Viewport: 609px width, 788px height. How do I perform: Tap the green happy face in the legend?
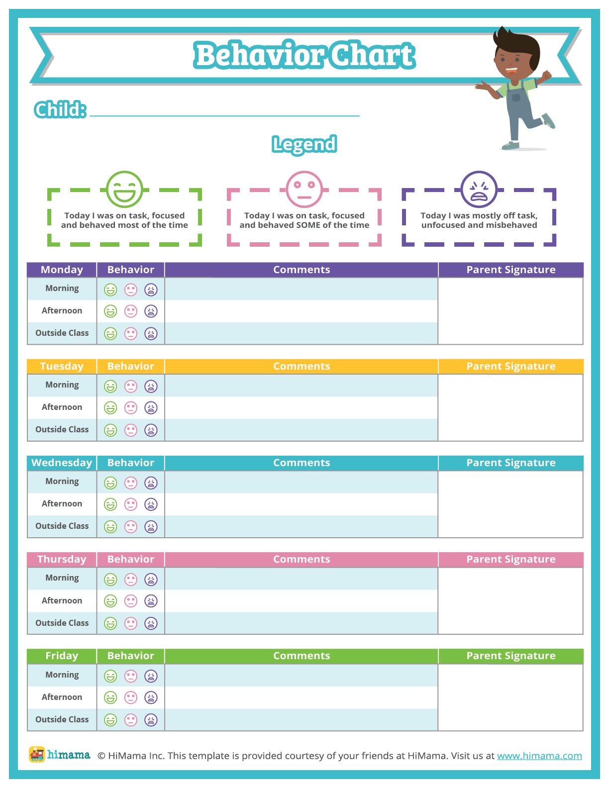pos(124,190)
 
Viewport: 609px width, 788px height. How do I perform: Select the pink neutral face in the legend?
pos(304,190)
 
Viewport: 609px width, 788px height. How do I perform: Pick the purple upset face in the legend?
pos(479,190)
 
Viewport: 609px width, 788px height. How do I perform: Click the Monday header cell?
pos(62,270)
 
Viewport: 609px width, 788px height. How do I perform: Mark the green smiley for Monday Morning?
pos(110,290)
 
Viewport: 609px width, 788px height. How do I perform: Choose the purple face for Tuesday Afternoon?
pos(151,408)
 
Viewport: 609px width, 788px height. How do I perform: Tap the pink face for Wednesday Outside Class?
pos(131,526)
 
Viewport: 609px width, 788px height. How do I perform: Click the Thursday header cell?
pos(62,559)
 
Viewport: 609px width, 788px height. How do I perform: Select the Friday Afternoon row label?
pos(62,697)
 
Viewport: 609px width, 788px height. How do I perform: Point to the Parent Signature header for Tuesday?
pos(510,366)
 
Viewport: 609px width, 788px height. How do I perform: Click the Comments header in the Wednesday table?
pos(302,463)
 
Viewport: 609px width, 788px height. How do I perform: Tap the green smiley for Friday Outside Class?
pos(110,720)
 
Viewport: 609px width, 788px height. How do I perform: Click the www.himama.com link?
pos(539,756)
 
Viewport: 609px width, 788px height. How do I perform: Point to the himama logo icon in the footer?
pos(37,755)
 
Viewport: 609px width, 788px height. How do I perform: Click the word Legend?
pos(304,144)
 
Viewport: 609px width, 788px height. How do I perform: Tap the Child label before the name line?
pos(60,109)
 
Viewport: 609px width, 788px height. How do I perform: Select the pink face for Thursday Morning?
pos(131,580)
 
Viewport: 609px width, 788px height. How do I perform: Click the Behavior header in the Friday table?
pos(131,656)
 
